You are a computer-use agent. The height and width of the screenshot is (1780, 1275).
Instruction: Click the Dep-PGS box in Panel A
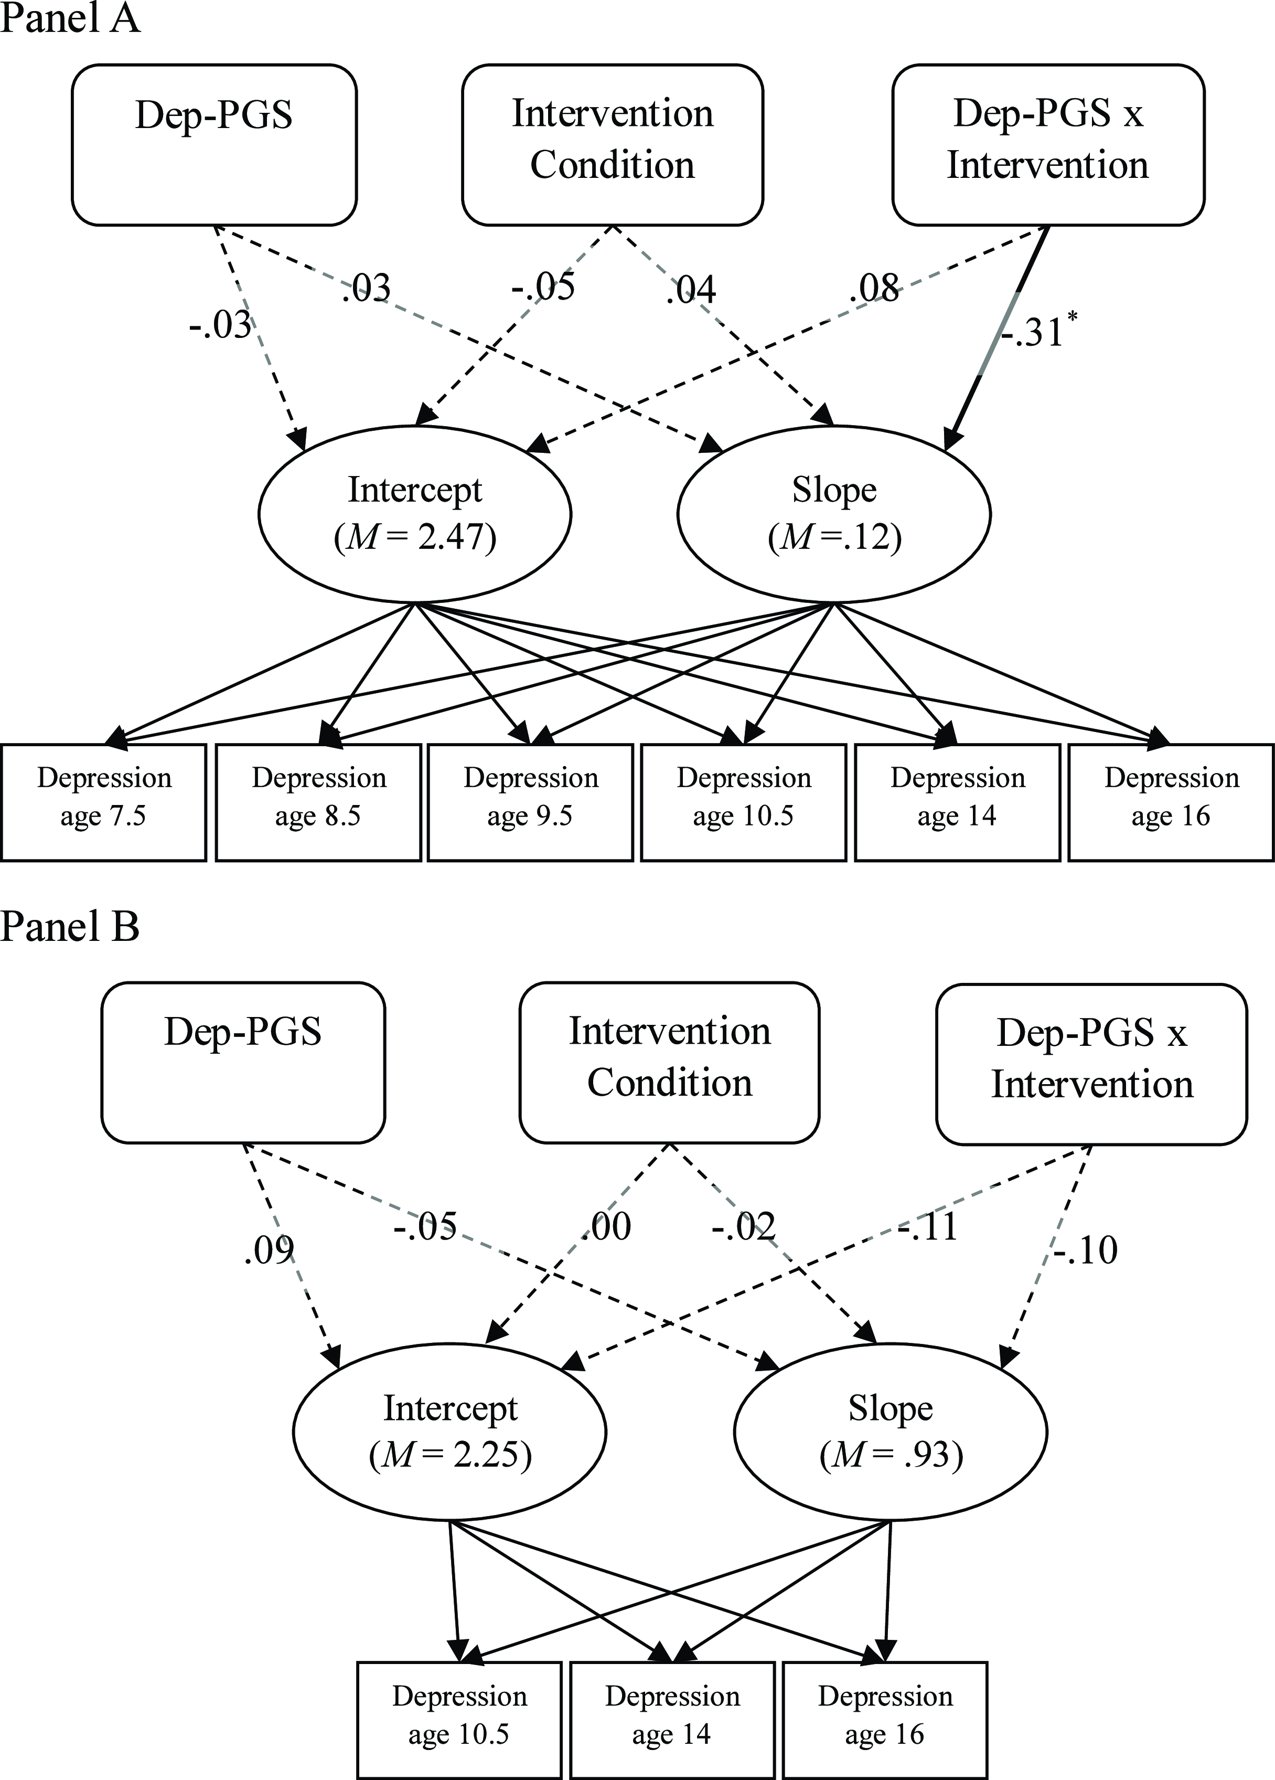(214, 145)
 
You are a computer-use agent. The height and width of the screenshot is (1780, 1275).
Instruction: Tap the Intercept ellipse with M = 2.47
(415, 514)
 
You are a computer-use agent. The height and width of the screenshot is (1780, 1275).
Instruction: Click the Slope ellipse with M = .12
(834, 514)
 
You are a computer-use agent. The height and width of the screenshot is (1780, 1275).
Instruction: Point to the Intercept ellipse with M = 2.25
(449, 1432)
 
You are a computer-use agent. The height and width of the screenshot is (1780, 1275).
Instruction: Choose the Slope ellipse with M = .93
(891, 1432)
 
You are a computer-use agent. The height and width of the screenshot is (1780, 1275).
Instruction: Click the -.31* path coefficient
(1037, 331)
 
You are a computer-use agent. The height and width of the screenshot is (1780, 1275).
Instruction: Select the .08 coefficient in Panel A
(874, 289)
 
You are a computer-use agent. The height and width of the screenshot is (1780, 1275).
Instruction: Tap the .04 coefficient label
(690, 290)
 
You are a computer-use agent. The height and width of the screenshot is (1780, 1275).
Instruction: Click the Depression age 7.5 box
(103, 802)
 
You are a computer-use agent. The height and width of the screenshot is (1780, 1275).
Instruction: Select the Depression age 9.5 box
(530, 802)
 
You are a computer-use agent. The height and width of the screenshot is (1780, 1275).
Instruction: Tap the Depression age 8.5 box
(318, 802)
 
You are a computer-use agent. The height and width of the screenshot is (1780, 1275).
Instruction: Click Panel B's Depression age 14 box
(672, 1720)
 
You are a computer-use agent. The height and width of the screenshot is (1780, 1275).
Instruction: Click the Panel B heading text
(70, 926)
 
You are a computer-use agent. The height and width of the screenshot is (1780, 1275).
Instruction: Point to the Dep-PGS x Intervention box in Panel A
(1048, 145)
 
